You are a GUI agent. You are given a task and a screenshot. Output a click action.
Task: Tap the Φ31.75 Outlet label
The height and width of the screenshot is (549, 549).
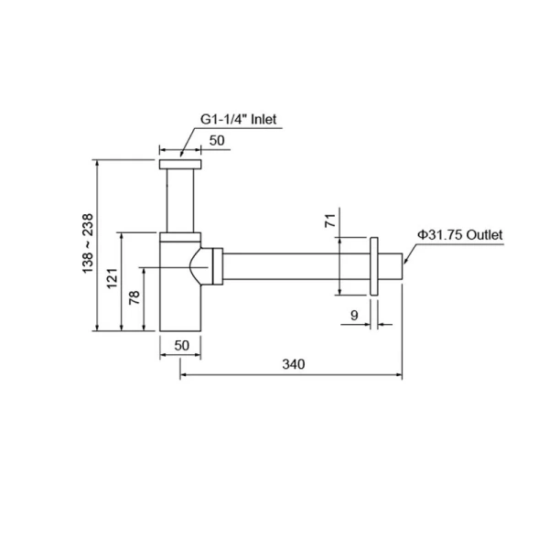pos(460,235)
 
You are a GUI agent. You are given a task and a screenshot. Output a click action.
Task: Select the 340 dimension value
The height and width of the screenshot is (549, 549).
pos(293,364)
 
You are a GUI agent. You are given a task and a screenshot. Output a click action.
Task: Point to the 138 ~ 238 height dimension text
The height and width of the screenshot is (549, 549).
pos(87,243)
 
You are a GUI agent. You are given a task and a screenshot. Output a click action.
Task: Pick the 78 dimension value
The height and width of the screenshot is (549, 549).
pos(134,299)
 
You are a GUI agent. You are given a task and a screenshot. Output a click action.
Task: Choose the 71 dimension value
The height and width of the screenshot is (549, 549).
pos(330,220)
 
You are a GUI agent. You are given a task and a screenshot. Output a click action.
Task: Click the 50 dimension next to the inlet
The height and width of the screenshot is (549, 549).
pos(218,140)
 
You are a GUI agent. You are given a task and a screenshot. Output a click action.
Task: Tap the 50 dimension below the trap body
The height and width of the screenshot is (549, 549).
pos(180,345)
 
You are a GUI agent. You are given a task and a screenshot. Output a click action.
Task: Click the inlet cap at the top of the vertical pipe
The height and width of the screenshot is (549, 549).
pos(180,165)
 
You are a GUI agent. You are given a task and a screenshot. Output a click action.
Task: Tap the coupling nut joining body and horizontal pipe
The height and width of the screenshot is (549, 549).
pos(216,265)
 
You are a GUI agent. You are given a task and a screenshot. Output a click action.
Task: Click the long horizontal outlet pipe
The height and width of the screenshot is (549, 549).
pos(293,265)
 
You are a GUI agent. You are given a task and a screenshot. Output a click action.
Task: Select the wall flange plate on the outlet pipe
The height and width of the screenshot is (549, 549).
pos(374,266)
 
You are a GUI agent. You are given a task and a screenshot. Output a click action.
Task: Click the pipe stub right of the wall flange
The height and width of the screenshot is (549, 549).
pos(391,266)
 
